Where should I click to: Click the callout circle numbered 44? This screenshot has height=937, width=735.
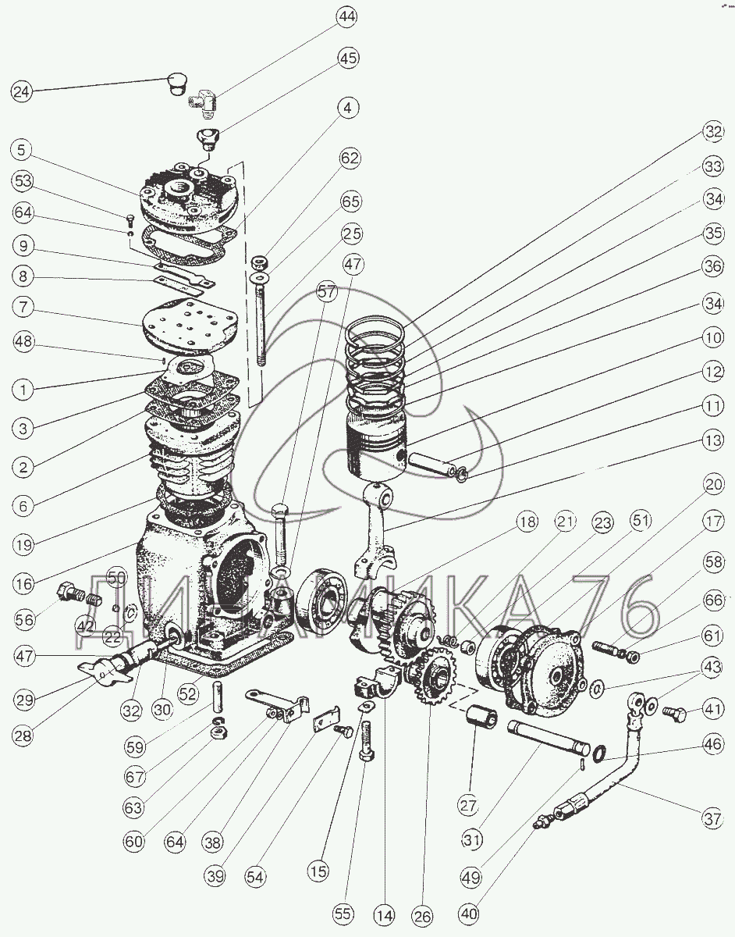[347, 17]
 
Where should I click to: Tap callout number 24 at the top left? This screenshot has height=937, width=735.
[22, 91]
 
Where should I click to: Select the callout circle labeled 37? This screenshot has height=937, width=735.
[712, 818]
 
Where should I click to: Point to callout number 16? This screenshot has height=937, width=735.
[25, 583]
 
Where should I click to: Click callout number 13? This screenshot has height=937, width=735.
[712, 440]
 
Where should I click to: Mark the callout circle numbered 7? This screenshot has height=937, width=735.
[23, 308]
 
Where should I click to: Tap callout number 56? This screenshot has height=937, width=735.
[24, 620]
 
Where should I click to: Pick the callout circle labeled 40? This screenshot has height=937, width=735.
[470, 913]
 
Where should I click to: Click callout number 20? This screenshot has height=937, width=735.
[713, 485]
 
